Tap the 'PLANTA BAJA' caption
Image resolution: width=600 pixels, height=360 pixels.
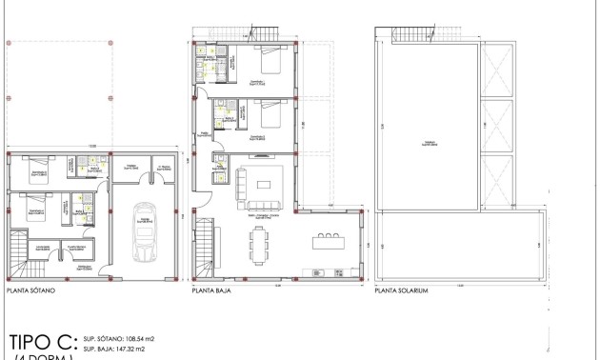pyautogui.click(x=214, y=293)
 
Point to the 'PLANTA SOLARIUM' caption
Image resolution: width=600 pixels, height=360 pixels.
pyautogui.click(x=405, y=293)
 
